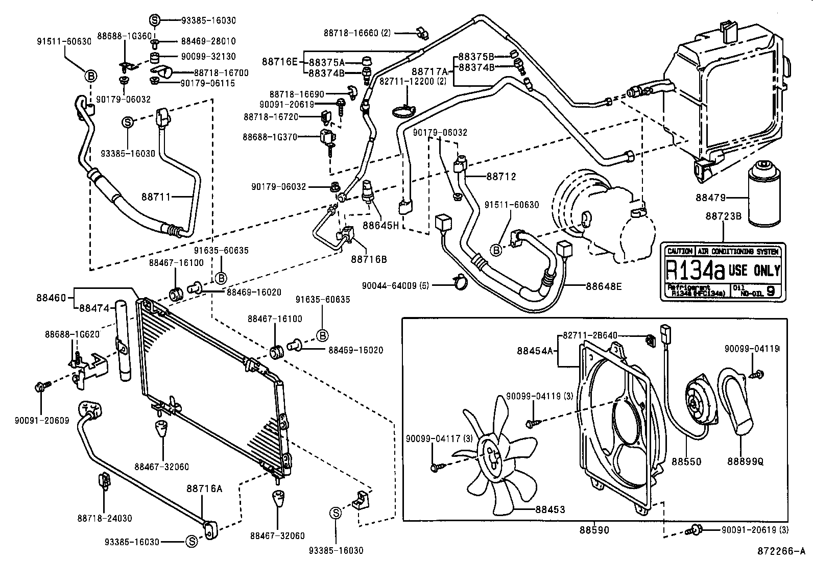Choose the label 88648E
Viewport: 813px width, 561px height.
604,286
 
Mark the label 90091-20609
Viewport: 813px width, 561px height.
42,421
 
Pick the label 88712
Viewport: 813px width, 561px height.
501,177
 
